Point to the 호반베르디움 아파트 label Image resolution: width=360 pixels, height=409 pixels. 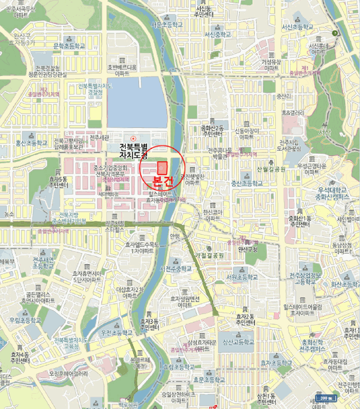pyautogui.click(x=122, y=71)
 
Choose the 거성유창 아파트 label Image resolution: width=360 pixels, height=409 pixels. pyautogui.click(x=271, y=64)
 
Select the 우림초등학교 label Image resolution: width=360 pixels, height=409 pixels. pyautogui.click(x=25, y=320)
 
